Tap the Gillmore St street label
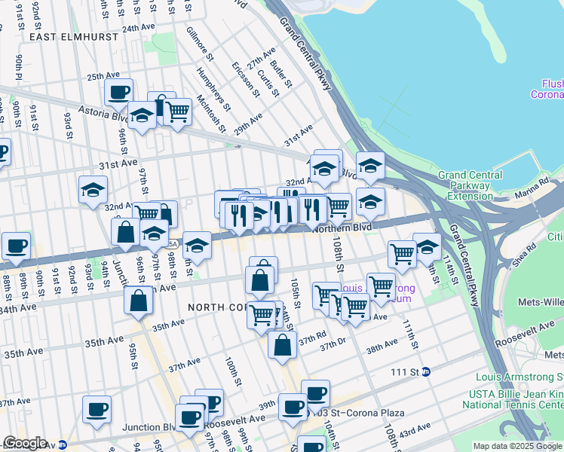click(201, 47)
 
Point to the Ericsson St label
click(247, 79)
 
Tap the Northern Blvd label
click(342, 227)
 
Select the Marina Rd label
click(533, 183)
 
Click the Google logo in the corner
click(25, 443)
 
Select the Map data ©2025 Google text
click(517, 446)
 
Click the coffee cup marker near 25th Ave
click(118, 93)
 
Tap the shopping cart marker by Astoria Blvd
click(177, 112)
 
